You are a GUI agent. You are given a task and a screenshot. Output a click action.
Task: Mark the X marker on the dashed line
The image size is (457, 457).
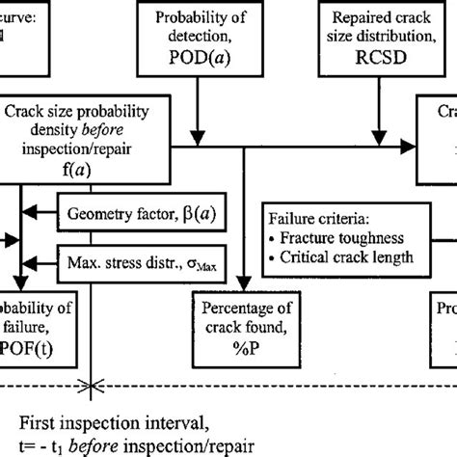point(93,387)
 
